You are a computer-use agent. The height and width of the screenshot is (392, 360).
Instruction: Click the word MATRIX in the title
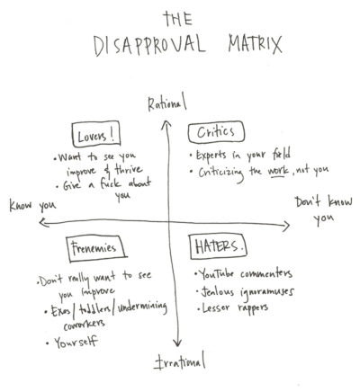point(255,44)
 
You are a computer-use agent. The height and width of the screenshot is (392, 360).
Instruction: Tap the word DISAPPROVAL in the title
point(149,46)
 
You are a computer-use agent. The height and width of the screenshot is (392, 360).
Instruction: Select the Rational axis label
point(167,102)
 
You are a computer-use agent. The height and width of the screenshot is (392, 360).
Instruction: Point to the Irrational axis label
point(179,361)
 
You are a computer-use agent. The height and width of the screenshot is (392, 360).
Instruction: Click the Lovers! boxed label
point(96,135)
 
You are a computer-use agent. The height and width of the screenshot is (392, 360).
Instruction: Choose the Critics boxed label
point(216,132)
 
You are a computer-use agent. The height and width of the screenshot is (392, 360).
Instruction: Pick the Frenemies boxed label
point(95,248)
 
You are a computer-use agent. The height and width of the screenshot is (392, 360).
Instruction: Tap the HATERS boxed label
point(219,246)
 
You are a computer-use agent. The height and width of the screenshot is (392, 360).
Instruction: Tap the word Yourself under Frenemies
point(76,343)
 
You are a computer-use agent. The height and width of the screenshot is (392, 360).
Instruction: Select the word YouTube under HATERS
point(216,273)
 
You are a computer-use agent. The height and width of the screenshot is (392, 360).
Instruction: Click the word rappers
point(253,308)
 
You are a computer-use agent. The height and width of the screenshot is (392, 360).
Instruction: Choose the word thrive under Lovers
point(129,170)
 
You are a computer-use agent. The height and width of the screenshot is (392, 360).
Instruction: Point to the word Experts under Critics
point(211,156)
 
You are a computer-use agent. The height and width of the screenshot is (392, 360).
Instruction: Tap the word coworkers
point(84,325)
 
